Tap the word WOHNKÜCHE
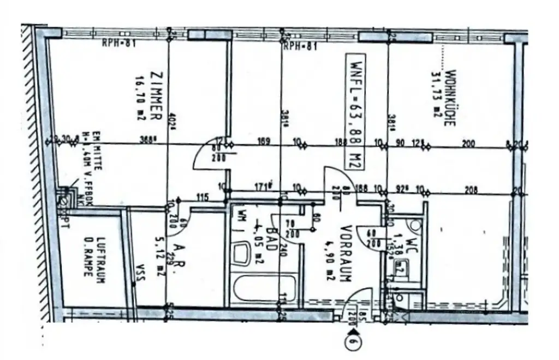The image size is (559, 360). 451,98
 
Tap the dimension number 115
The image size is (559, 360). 204,197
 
